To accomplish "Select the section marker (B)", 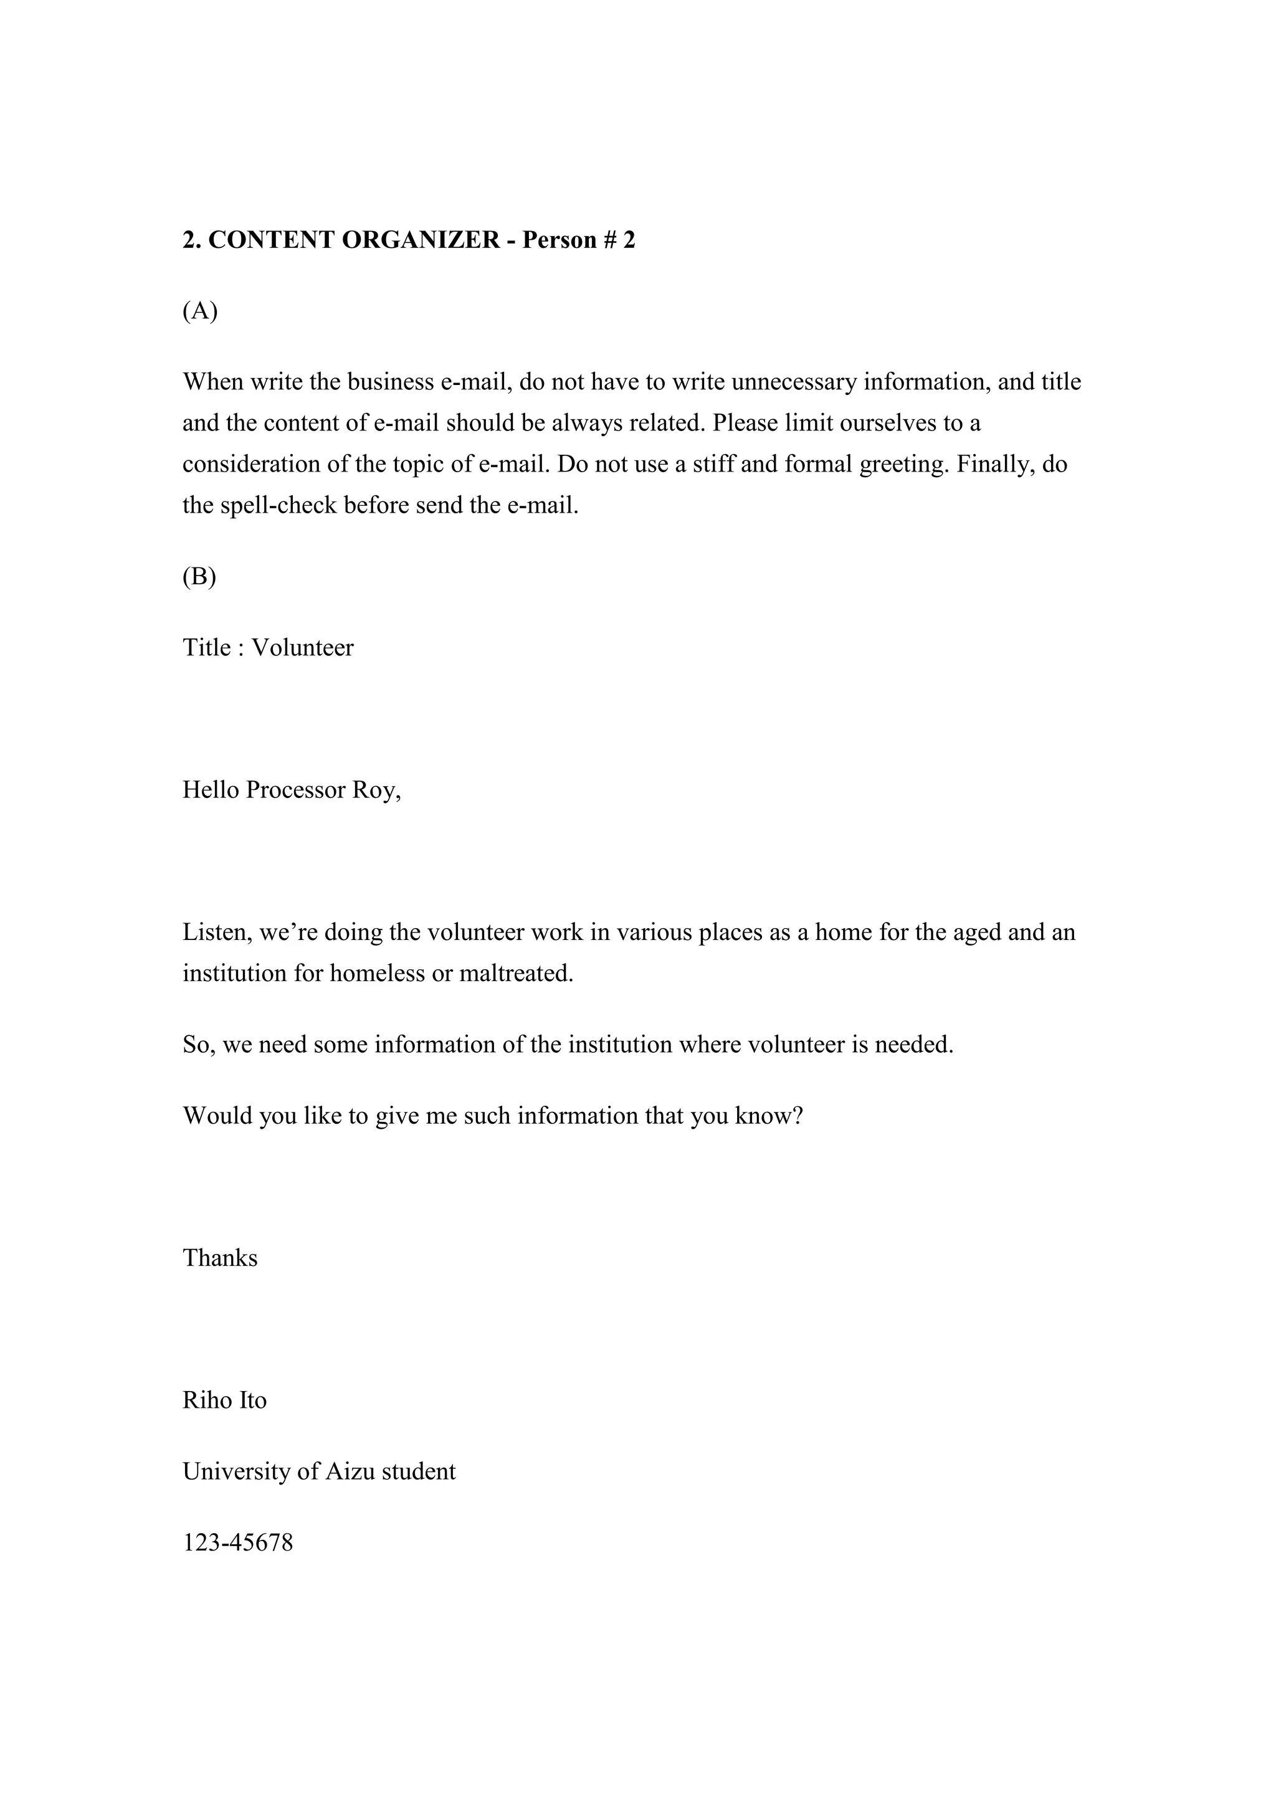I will pyautogui.click(x=199, y=577).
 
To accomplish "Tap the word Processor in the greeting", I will pyautogui.click(x=295, y=790).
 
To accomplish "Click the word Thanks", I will pyautogui.click(x=220, y=1258).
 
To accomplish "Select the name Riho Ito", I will pyautogui.click(x=225, y=1400).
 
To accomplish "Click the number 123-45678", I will pyautogui.click(x=238, y=1543).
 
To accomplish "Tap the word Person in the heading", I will pyautogui.click(x=559, y=240).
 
